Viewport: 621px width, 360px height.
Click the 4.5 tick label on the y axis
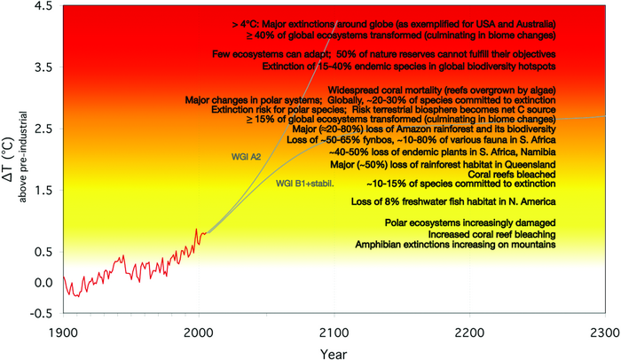42,7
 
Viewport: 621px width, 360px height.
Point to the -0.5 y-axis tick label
40,313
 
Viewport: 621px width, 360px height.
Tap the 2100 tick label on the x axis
333,330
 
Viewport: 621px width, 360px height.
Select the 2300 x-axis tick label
604,330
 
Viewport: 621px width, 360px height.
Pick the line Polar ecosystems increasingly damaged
470,222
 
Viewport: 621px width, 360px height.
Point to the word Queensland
525,165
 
